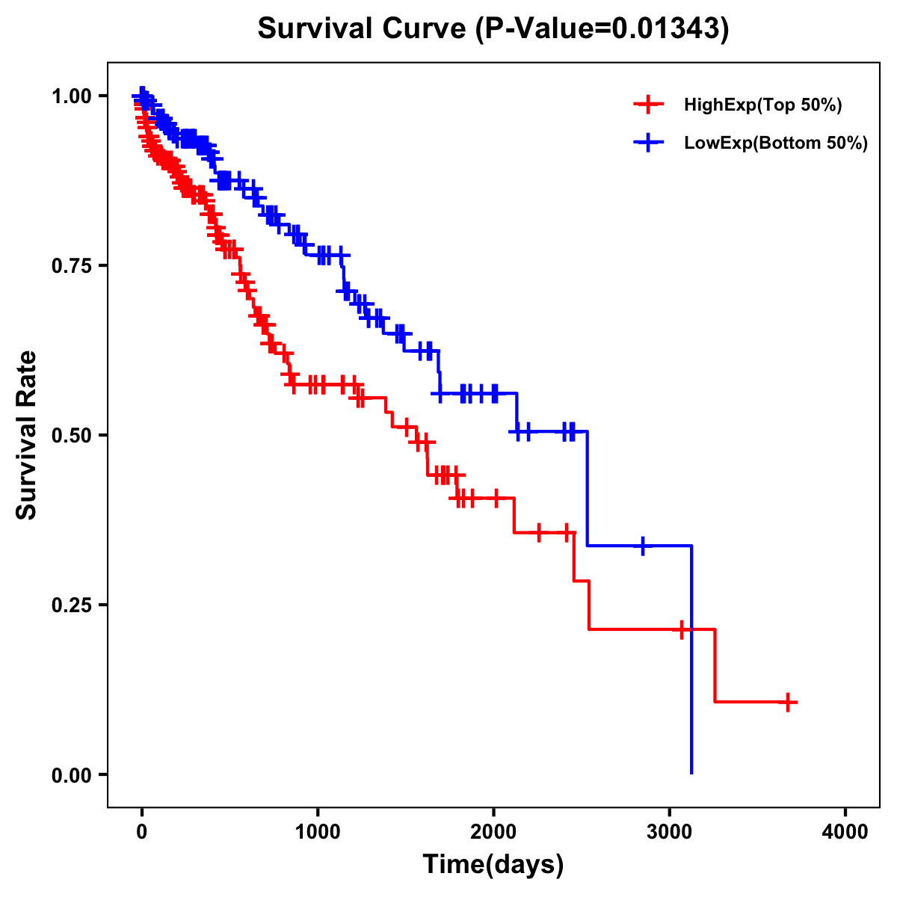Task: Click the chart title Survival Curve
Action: (x=363, y=29)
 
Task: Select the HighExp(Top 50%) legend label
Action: (x=762, y=105)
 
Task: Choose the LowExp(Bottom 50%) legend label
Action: (x=776, y=143)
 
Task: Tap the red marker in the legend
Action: (x=649, y=105)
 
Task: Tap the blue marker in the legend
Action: (x=649, y=143)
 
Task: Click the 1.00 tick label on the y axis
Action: (x=71, y=96)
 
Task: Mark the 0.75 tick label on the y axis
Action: (x=71, y=265)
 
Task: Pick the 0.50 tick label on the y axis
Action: (x=71, y=435)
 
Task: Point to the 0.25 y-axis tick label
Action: (x=71, y=605)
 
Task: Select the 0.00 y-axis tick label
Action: (x=71, y=774)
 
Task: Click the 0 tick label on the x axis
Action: (x=142, y=832)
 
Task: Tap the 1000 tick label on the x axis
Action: (x=318, y=832)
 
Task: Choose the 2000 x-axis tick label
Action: (x=493, y=832)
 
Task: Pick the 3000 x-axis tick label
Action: (x=670, y=832)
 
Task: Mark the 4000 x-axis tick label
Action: (x=845, y=832)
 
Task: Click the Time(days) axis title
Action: (x=493, y=865)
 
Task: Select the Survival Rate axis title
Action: (x=27, y=434)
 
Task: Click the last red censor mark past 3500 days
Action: (x=788, y=702)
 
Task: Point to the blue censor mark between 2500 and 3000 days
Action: (x=642, y=546)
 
